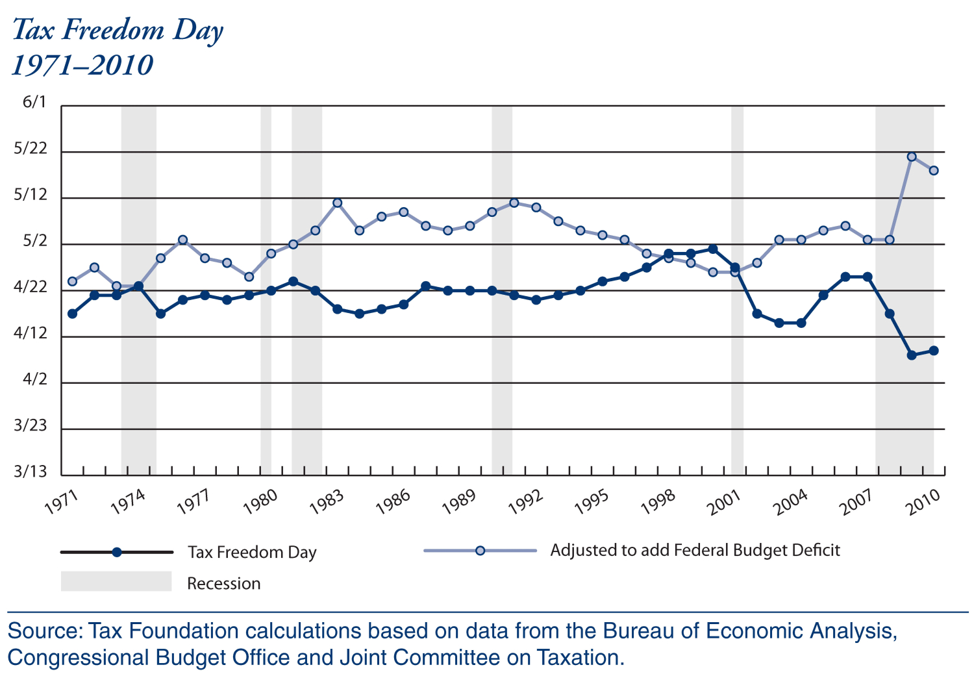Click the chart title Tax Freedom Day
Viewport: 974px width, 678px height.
click(x=118, y=31)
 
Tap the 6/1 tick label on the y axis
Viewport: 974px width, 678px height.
click(x=34, y=102)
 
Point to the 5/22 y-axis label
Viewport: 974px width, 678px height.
click(x=31, y=149)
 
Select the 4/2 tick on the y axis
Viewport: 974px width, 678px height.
click(x=35, y=379)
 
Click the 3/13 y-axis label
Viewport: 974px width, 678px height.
click(x=31, y=471)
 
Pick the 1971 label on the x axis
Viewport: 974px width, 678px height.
click(x=61, y=502)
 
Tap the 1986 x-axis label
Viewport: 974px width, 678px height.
click(x=393, y=502)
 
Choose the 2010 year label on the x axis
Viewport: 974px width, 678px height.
click(x=925, y=502)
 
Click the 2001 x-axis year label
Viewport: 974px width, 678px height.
click(x=725, y=502)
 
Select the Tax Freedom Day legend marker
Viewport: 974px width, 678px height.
click(x=117, y=552)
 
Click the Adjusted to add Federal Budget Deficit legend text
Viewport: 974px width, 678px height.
click(x=695, y=551)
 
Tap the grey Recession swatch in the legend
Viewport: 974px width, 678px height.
click(x=116, y=581)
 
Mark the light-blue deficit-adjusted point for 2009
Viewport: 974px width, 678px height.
click(x=912, y=157)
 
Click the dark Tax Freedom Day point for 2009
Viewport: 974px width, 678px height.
click(x=912, y=355)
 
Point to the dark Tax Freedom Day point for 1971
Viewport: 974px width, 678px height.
click(x=72, y=314)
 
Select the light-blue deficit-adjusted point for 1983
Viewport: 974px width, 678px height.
click(x=338, y=203)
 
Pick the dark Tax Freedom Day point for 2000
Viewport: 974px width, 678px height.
click(x=713, y=249)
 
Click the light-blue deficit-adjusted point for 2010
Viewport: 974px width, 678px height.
click(x=934, y=171)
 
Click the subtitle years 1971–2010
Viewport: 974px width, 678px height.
click(x=82, y=66)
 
